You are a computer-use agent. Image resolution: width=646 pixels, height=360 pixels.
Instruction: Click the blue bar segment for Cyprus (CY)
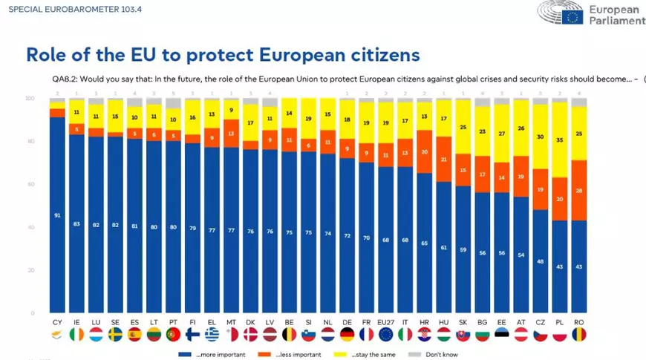coord(57,215)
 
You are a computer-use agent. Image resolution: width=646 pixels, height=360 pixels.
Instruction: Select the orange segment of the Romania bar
coord(578,190)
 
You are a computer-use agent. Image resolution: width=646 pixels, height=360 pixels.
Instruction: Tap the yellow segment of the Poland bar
coord(559,140)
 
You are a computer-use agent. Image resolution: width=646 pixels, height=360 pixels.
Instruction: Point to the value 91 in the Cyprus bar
coord(57,216)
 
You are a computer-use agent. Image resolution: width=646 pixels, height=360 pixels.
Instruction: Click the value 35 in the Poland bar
coord(559,140)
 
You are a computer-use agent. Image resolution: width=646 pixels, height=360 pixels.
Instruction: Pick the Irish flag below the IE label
coord(76,336)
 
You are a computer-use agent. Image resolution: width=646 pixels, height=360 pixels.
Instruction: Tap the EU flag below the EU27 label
coord(385,336)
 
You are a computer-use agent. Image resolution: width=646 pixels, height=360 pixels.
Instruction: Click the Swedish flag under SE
coord(115,336)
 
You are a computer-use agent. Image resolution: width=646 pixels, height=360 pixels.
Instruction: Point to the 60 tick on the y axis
coord(31,184)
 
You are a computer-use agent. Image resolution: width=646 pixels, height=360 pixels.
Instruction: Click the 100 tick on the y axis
coord(30,98)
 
